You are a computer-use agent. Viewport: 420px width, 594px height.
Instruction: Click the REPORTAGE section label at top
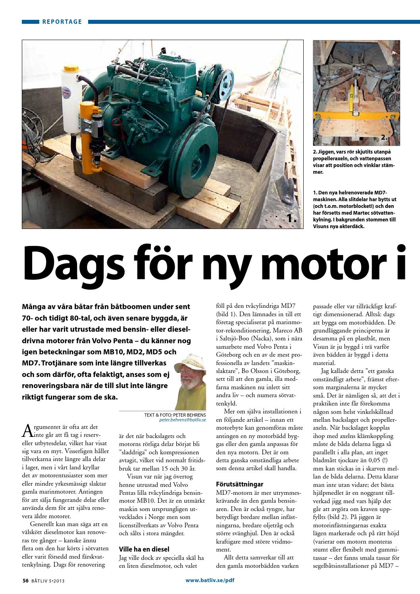pyautogui.click(x=62, y=22)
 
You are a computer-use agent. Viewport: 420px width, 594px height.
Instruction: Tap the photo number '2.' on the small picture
pyautogui.click(x=384, y=137)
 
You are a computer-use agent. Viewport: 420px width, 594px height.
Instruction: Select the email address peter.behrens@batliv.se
pyautogui.click(x=182, y=419)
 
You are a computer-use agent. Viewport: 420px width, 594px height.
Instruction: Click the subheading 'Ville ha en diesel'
pyautogui.click(x=144, y=549)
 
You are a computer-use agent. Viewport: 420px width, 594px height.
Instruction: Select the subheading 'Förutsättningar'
pyautogui.click(x=239, y=484)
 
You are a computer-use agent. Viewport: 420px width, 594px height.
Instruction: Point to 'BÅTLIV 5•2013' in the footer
pyautogui.click(x=50, y=581)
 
